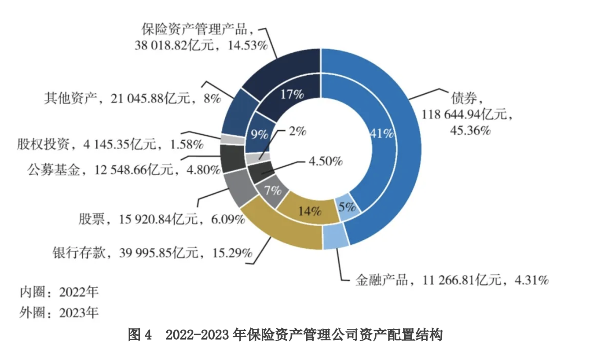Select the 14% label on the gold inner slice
click(309, 211)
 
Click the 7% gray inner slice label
click(273, 190)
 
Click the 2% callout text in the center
click(297, 131)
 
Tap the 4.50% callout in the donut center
click(325, 161)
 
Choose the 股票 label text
click(92, 219)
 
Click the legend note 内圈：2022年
click(59, 292)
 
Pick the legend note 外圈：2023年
click(59, 312)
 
